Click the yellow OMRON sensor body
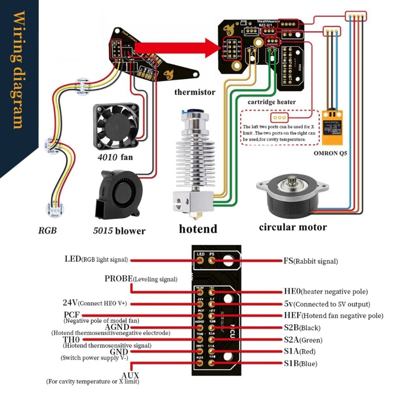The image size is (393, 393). [x=335, y=127]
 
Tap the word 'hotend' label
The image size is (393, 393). [x=197, y=228]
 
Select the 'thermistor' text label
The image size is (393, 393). [x=195, y=92]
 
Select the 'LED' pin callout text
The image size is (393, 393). [x=72, y=259]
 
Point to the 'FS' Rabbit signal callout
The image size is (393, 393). [x=288, y=261]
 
